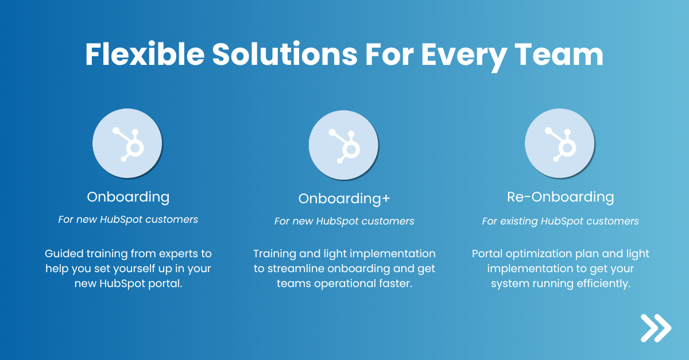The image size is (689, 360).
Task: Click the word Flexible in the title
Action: [145, 54]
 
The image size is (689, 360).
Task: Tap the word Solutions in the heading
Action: [285, 54]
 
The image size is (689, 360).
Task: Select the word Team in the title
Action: [559, 54]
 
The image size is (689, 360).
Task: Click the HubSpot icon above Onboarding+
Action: [343, 145]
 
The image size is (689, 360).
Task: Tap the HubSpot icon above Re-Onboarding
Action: [559, 144]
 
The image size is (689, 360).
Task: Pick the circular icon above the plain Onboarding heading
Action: [127, 144]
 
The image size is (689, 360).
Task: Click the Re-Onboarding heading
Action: [560, 198]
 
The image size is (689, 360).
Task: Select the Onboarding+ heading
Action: [344, 199]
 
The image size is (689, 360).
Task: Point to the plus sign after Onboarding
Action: [386, 199]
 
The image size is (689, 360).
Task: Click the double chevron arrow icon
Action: [656, 328]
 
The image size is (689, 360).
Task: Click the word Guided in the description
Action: [64, 254]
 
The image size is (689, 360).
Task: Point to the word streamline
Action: [295, 269]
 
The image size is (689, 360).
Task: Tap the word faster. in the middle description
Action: [395, 284]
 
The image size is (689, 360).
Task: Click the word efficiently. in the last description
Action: [603, 284]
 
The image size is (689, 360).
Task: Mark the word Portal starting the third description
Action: [487, 254]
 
